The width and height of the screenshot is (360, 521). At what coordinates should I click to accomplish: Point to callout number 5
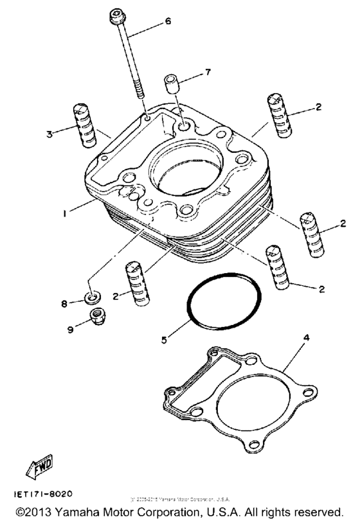click(x=165, y=338)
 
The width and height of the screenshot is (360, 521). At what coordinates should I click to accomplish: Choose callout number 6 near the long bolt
click(x=168, y=21)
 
